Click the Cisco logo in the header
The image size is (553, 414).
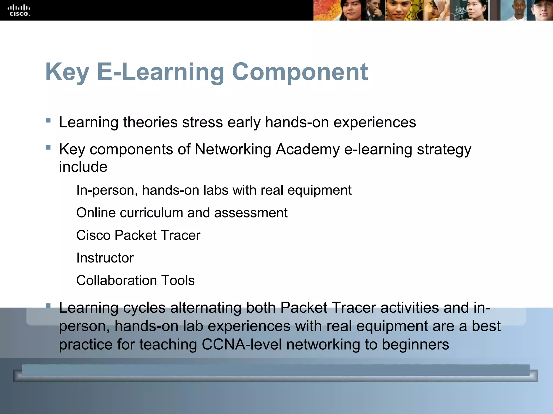tap(19, 11)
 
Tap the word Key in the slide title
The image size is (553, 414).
tap(67, 72)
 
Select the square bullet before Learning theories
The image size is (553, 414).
tap(48, 120)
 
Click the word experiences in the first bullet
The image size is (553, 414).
tap(375, 123)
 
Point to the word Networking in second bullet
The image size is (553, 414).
tap(233, 149)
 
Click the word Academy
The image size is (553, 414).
tap(308, 150)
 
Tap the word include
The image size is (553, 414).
tap(83, 167)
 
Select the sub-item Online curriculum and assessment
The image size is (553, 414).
tap(182, 213)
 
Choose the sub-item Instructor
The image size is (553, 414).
tap(105, 258)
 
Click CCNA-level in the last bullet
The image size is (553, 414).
tap(242, 344)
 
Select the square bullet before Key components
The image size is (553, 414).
tap(48, 147)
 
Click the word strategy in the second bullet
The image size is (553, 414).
tap(444, 150)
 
